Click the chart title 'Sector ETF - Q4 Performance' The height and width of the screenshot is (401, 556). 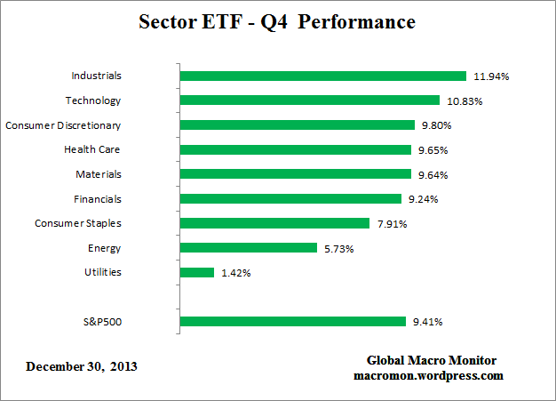click(x=277, y=21)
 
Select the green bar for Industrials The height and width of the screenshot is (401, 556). click(x=322, y=76)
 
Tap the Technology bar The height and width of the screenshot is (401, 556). click(x=310, y=100)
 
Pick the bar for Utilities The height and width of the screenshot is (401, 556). click(x=197, y=272)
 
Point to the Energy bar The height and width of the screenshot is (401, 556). click(x=249, y=248)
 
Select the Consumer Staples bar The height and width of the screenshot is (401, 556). click(x=274, y=223)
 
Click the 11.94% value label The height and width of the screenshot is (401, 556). click(x=490, y=76)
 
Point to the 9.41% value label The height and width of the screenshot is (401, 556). click(x=426, y=322)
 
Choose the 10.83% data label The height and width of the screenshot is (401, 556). click(x=465, y=101)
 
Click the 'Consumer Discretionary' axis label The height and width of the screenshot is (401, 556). click(x=63, y=125)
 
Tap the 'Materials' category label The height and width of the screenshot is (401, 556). click(x=99, y=174)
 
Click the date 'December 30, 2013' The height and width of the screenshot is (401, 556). click(x=82, y=366)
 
